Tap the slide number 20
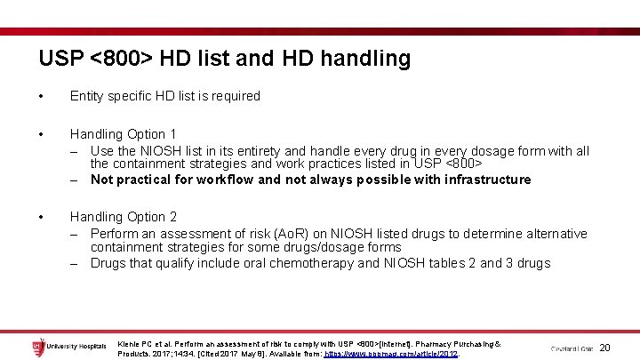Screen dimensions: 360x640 [605, 348]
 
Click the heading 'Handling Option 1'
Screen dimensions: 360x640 [124, 134]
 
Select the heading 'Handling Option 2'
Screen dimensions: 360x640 [124, 217]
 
